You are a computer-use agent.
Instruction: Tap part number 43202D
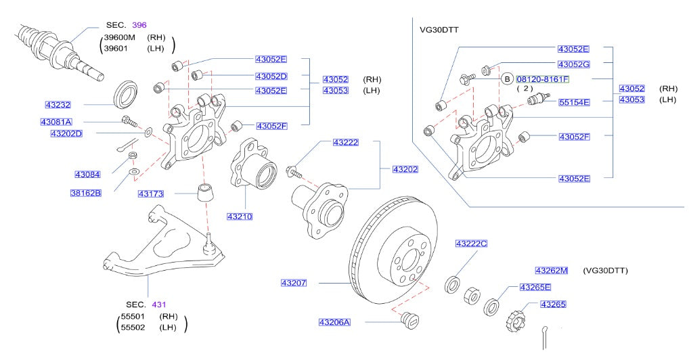tap(66, 134)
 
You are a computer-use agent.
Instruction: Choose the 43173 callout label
tap(151, 194)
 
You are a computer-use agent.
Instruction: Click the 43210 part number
tap(240, 217)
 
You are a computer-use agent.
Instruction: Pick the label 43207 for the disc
tap(294, 282)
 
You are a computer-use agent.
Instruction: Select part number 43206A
tap(334, 322)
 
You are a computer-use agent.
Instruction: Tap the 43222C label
tap(471, 243)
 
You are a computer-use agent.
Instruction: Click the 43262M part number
tap(551, 270)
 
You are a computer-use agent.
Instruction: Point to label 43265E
tap(535, 288)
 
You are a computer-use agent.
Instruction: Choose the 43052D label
tap(271, 76)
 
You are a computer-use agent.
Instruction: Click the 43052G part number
tap(573, 64)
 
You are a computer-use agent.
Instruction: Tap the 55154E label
tap(574, 102)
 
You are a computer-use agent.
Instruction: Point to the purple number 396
tap(139, 25)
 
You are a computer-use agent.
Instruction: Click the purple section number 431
tap(158, 304)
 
